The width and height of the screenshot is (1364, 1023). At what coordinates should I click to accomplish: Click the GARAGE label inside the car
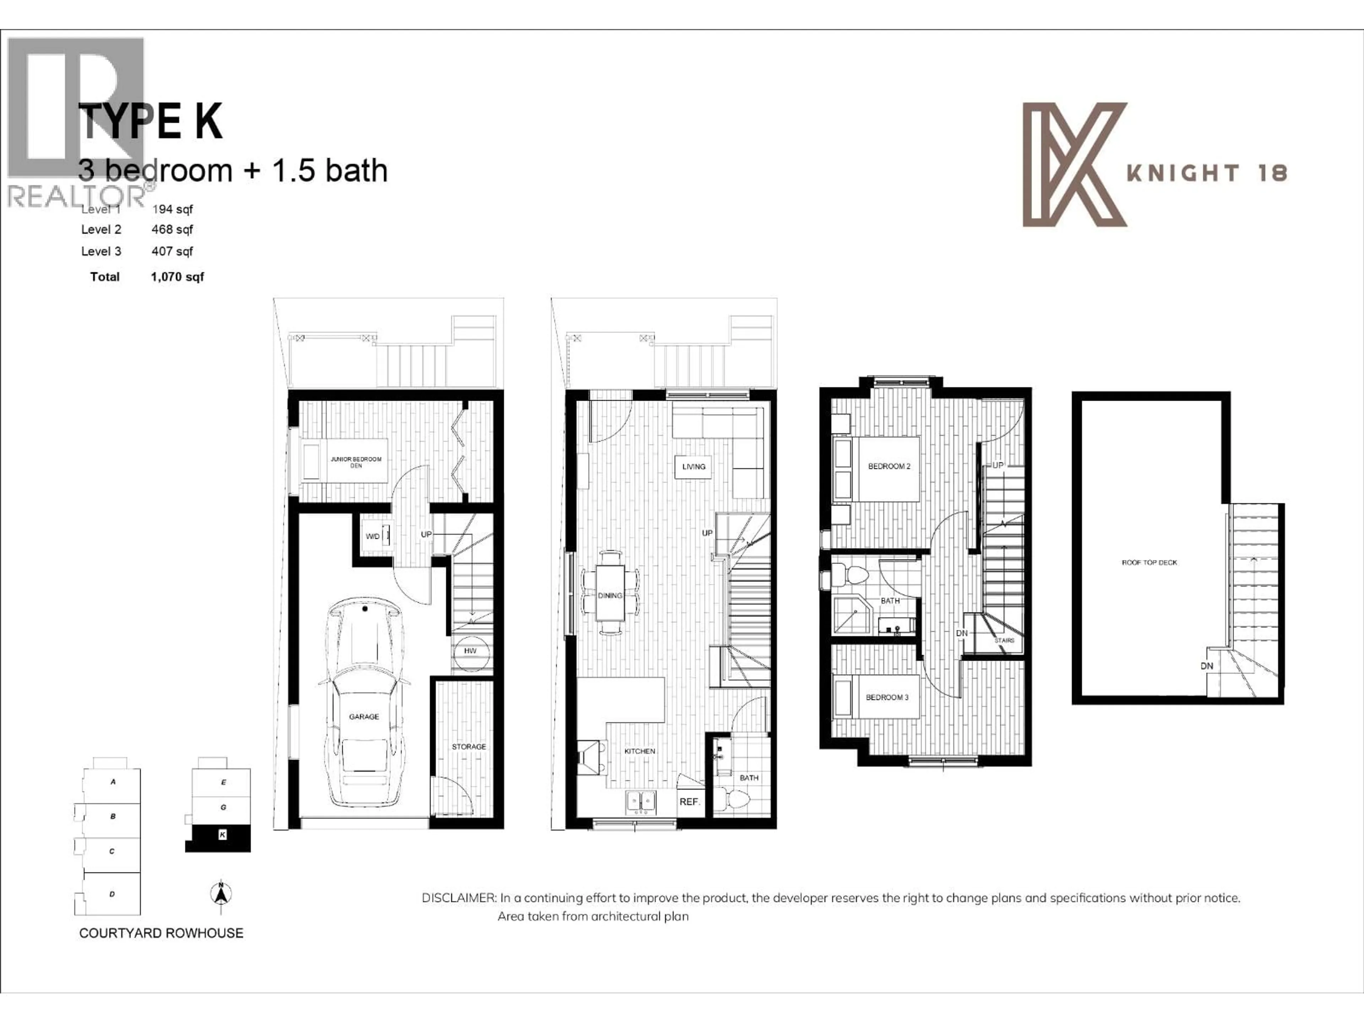coord(364,716)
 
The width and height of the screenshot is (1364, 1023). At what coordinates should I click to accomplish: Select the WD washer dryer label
coord(373,536)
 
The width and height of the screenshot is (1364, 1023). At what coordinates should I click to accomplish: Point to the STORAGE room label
coord(469,747)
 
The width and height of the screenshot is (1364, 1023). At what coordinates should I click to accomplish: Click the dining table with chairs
coord(610,592)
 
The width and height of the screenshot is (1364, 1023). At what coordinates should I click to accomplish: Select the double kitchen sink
coord(641,802)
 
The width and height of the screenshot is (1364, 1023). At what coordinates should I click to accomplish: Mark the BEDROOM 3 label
coord(887,697)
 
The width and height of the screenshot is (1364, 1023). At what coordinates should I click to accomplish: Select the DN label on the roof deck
coord(1207,666)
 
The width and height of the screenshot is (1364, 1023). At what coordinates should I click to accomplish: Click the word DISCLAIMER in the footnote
coord(458,898)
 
